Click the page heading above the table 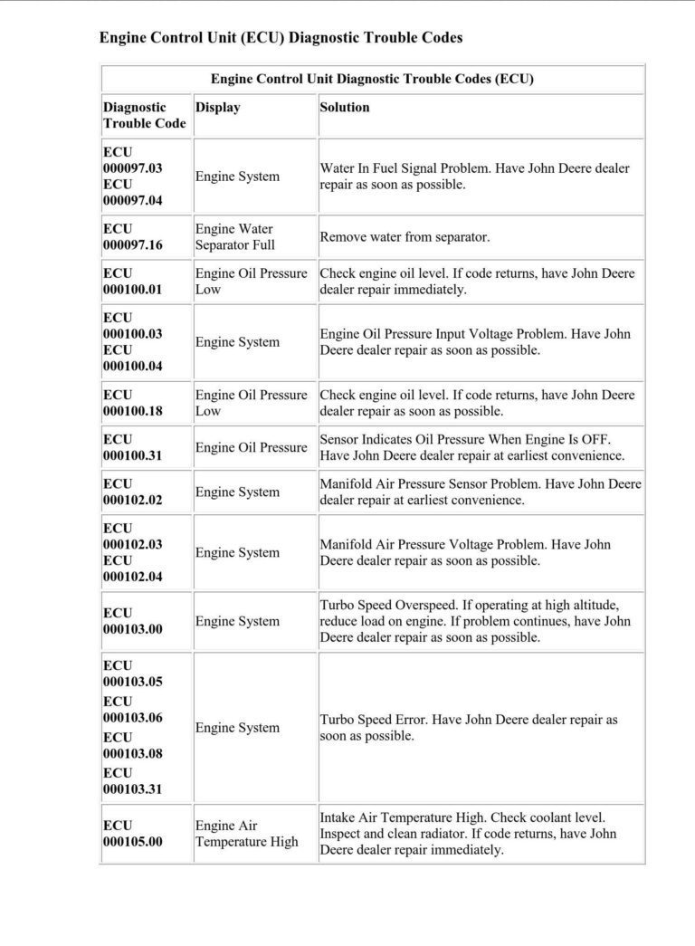[x=281, y=38]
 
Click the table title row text [x=372, y=79]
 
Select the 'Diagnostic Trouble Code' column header [x=145, y=115]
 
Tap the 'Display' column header [x=218, y=107]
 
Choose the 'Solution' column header [x=345, y=107]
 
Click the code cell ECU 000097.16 [x=133, y=237]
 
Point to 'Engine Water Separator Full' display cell [x=235, y=237]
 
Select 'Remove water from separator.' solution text [x=405, y=237]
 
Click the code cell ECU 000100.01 [x=133, y=282]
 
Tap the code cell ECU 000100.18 [x=133, y=403]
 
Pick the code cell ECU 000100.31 [x=133, y=447]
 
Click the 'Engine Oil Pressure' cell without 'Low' [x=252, y=447]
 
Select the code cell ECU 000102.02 [x=133, y=492]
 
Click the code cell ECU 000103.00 [x=133, y=621]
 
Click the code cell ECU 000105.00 [x=133, y=834]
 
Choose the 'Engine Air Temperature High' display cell [x=246, y=834]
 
